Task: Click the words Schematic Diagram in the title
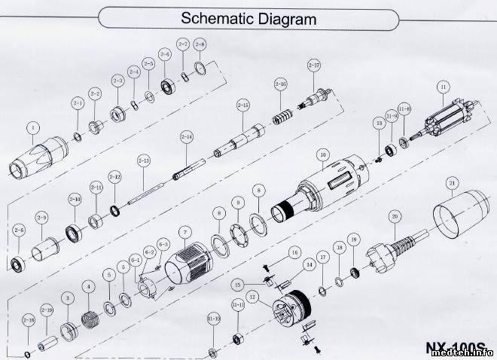[248, 17]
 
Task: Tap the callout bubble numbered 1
[32, 127]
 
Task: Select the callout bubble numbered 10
[322, 156]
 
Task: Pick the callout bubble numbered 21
[452, 183]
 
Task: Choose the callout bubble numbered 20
[394, 216]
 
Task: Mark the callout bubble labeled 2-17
[314, 66]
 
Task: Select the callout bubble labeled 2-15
[242, 104]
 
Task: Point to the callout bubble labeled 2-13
[143, 160]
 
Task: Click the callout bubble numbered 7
[182, 232]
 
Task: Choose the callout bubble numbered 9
[237, 203]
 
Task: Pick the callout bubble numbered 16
[294, 252]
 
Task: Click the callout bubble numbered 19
[355, 239]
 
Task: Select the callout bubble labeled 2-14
[186, 136]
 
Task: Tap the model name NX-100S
[452, 347]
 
